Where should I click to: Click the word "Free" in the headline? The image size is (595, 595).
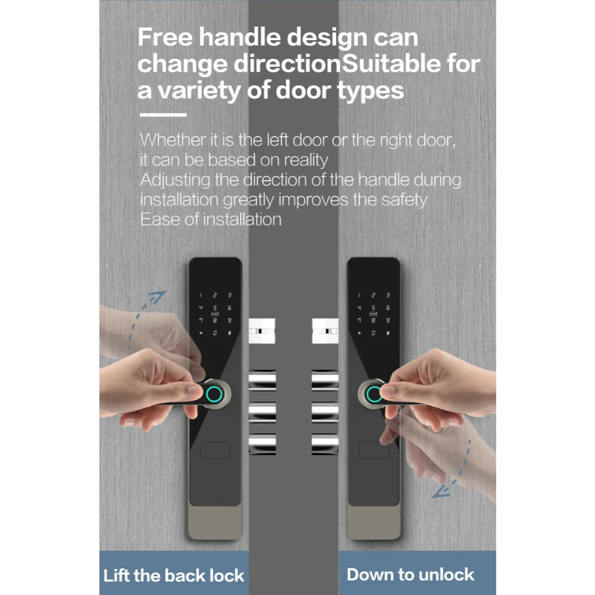pyautogui.click(x=165, y=37)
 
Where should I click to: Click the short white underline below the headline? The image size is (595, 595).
pyautogui.click(x=163, y=114)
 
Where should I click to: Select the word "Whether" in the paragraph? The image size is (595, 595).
pyautogui.click(x=173, y=139)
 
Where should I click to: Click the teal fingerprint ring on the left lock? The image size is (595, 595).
pyautogui.click(x=214, y=395)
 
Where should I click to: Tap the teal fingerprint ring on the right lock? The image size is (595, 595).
pyautogui.click(x=374, y=395)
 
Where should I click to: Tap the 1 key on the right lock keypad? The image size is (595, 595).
pyautogui.click(x=359, y=295)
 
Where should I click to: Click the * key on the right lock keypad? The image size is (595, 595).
pyautogui.click(x=359, y=333)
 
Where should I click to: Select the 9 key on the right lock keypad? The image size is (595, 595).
pyautogui.click(x=388, y=321)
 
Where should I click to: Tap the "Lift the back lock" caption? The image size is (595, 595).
pyautogui.click(x=174, y=575)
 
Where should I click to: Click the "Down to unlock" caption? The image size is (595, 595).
pyautogui.click(x=410, y=575)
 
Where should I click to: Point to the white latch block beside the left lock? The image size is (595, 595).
pyautogui.click(x=262, y=331)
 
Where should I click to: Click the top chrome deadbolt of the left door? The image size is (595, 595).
pyautogui.click(x=262, y=380)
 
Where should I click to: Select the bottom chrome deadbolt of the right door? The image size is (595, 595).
pyautogui.click(x=325, y=444)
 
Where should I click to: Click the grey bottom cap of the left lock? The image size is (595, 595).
pyautogui.click(x=215, y=521)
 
